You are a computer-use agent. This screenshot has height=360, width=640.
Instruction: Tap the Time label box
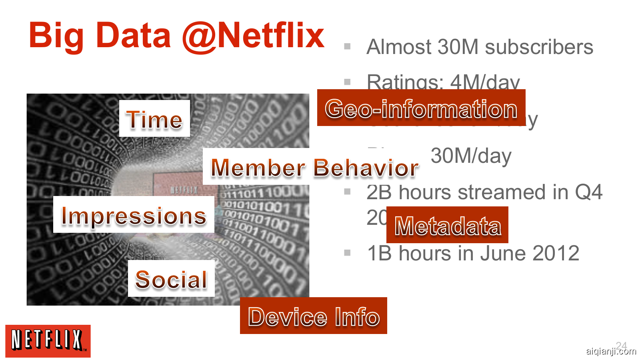[154, 119]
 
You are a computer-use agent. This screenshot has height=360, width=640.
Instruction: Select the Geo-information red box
[421, 108]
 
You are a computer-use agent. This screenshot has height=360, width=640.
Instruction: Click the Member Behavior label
[314, 167]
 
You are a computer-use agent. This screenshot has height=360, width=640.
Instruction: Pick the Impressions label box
[134, 215]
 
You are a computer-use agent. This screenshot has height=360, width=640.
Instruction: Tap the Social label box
[171, 279]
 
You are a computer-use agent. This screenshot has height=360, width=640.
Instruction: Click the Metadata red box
[447, 225]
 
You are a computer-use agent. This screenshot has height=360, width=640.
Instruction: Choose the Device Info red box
[314, 316]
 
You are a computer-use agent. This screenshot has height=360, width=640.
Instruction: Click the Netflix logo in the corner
[48, 341]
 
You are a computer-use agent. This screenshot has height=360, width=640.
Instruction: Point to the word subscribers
[539, 47]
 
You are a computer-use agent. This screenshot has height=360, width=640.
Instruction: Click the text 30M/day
[471, 156]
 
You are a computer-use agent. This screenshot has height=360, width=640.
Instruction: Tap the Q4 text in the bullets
[588, 192]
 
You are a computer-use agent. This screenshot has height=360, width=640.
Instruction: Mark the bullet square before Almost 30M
[347, 46]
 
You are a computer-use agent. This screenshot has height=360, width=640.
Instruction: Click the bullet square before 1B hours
[347, 253]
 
